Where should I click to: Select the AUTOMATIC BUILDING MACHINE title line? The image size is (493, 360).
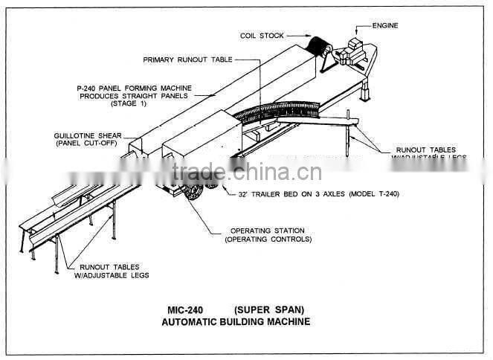coord(236,322)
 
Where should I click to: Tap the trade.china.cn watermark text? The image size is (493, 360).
coord(245,173)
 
